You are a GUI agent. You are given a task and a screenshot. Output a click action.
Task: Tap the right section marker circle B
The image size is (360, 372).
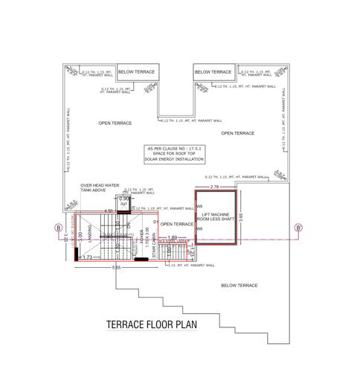[x=298, y=228]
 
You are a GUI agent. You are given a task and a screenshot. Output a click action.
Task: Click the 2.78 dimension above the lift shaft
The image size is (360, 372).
[x=215, y=187]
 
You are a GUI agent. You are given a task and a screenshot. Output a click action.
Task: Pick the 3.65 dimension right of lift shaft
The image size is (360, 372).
[x=241, y=217]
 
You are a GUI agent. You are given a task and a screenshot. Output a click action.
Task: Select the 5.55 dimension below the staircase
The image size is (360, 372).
[x=117, y=267]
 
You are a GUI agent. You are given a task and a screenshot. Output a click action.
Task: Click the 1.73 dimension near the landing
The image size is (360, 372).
[x=87, y=257]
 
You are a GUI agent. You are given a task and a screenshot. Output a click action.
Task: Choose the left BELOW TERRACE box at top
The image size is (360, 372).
[x=137, y=72]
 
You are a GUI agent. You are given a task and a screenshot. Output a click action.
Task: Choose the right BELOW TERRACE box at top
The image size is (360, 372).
[x=213, y=72]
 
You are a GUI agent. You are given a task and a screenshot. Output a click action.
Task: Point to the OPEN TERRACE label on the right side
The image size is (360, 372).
[x=237, y=133]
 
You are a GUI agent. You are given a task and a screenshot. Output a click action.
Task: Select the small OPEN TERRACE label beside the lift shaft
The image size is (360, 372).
[x=176, y=223]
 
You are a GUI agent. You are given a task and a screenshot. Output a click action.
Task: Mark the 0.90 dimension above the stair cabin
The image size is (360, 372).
[x=125, y=199]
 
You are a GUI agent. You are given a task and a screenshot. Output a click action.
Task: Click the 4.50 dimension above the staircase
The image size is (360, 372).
[x=108, y=211]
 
